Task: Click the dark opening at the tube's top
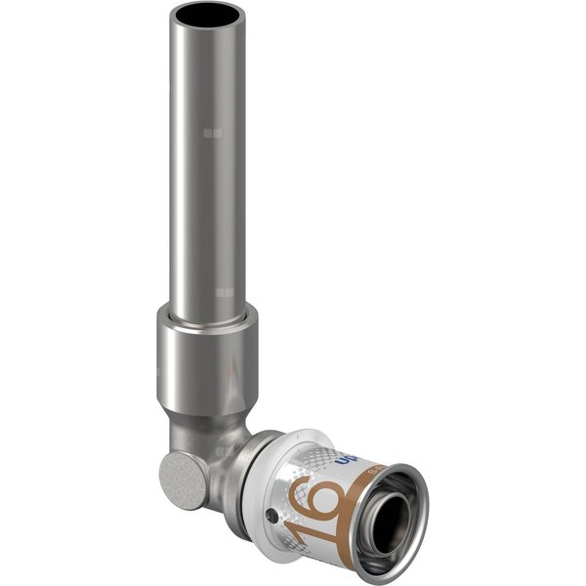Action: coord(206,16)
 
